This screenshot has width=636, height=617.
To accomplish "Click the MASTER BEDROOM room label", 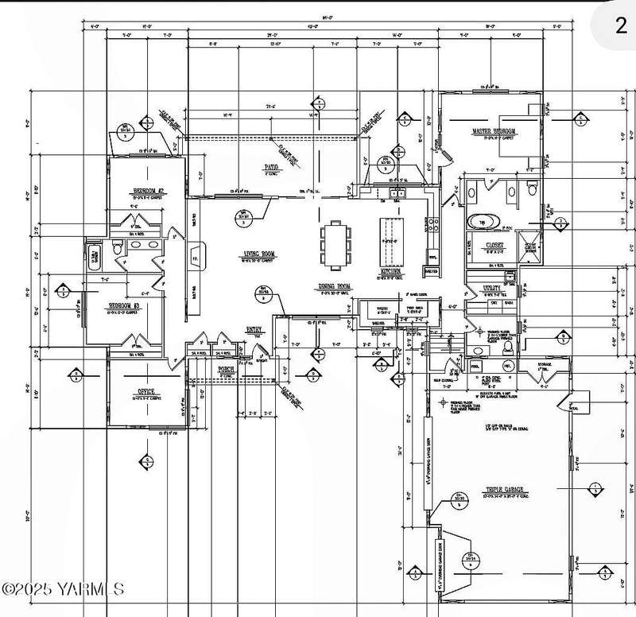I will [494, 130].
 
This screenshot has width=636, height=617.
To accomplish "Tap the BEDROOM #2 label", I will [147, 192].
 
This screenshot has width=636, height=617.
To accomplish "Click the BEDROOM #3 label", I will [125, 305].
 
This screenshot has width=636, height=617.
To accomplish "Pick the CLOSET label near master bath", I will [487, 246].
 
